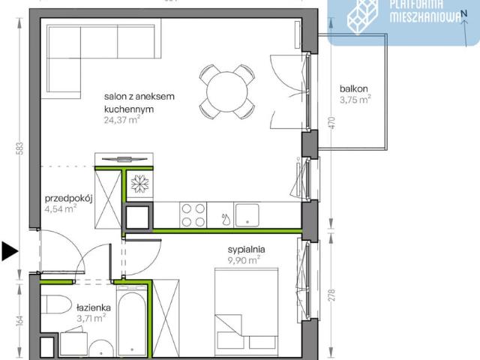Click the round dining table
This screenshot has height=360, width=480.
tap(226, 91)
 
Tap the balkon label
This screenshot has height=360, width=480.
tap(353, 88)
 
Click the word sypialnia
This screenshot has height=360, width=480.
tap(246, 250)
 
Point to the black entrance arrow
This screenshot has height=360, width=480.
tap(10, 251)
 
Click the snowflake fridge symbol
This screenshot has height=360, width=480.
tap(140, 184)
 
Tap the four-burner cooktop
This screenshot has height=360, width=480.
tap(193, 215)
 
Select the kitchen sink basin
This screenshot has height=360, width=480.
tap(247, 215)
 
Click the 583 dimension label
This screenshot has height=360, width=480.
tap(21, 149)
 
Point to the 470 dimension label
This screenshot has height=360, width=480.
tap(332, 123)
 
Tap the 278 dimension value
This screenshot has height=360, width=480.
tap(332, 295)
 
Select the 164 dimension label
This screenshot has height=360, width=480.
tap(20, 322)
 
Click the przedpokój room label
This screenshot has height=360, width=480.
tap(68, 199)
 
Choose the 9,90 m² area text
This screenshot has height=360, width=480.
tap(244, 260)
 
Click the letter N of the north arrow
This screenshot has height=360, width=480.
tap(464, 13)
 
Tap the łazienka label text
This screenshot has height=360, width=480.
tap(94, 307)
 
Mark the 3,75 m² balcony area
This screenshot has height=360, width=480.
tap(355, 100)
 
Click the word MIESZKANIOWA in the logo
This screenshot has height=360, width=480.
tap(425, 17)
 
